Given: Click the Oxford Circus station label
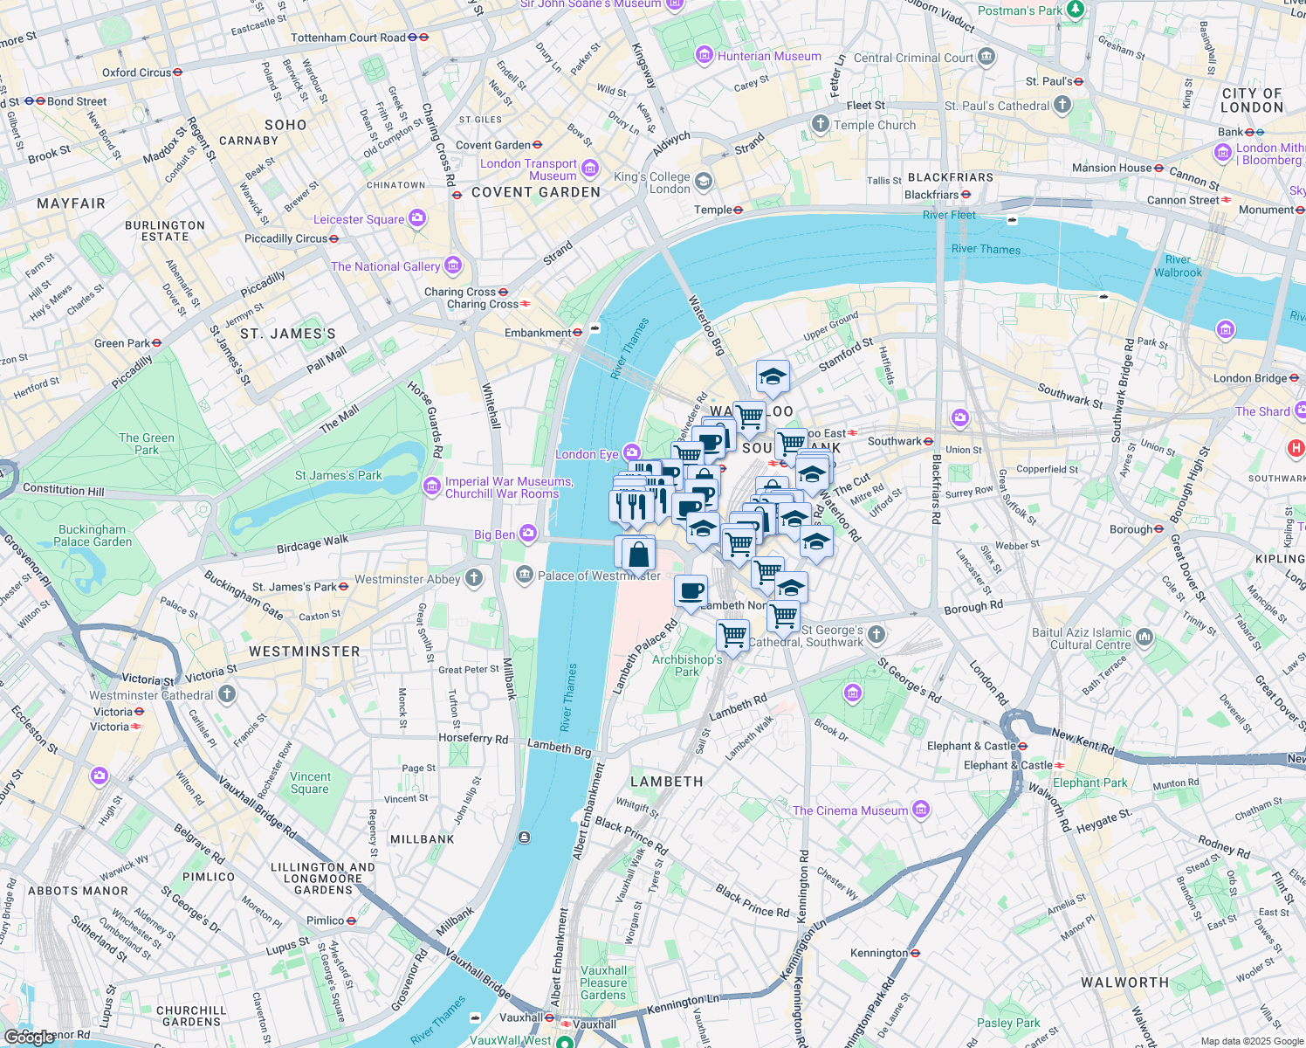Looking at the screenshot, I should click(x=137, y=72).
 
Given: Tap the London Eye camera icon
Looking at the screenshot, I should click(x=632, y=452).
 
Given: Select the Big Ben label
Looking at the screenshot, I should click(x=495, y=534).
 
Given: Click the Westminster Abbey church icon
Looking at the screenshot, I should click(x=474, y=577).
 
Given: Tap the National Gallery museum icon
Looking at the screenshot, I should click(x=452, y=265).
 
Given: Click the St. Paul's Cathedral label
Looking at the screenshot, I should click(x=997, y=106).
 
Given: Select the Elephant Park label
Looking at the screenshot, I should click(x=1089, y=783).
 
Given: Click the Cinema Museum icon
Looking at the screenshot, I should click(x=920, y=810).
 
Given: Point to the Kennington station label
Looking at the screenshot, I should click(x=879, y=953).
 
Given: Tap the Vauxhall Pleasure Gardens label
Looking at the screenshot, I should click(x=603, y=982).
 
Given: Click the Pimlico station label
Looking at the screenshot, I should click(x=325, y=920).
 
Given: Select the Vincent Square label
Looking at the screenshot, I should click(x=310, y=783).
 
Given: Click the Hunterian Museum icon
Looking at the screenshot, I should click(x=705, y=56).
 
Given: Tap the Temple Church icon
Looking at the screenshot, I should click(x=820, y=124).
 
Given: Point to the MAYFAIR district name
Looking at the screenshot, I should click(x=71, y=203).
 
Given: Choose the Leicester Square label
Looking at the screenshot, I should click(x=359, y=219).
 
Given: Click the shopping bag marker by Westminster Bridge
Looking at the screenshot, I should click(x=638, y=555).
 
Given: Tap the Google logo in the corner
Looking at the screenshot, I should click(x=29, y=1037).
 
